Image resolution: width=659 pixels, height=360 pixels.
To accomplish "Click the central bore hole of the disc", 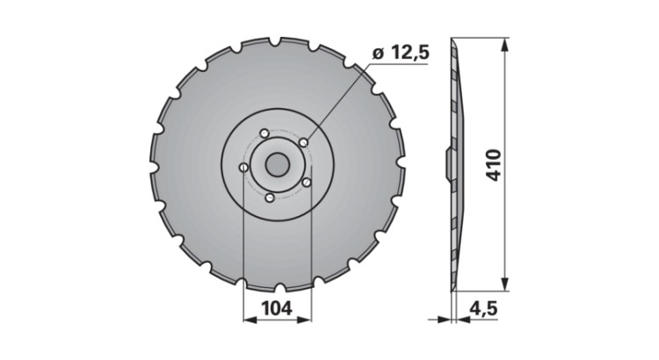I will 277,164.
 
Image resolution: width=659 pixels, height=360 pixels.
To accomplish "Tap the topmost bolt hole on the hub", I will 263,133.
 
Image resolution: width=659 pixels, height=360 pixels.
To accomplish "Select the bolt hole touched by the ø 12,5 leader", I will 302,142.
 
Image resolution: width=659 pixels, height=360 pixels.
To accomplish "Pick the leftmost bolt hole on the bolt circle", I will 243,168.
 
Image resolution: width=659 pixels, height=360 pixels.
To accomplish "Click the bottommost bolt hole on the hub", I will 270,198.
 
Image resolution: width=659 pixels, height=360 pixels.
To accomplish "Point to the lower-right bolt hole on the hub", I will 307,183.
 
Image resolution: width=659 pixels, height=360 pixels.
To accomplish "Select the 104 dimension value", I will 277,308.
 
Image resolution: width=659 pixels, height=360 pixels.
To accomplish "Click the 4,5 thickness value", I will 484,308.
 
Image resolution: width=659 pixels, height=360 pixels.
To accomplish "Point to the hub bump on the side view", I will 445,163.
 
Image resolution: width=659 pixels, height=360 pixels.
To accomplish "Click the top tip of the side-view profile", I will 453,40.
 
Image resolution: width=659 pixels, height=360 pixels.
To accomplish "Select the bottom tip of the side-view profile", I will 453,287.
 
